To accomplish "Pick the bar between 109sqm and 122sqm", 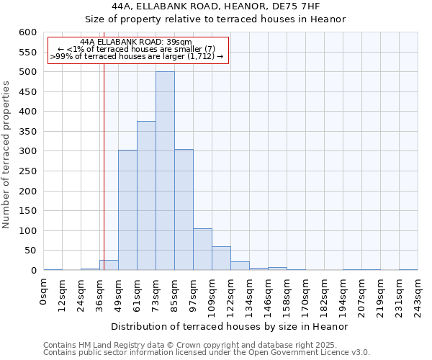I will (221, 258).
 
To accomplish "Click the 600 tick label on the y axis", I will (27, 32).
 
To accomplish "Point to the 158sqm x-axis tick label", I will (287, 294).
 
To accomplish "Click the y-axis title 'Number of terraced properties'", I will (6, 154).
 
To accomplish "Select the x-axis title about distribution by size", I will (230, 326).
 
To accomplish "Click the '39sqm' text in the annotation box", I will (181, 42).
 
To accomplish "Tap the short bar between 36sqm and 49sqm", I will (109, 265).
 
